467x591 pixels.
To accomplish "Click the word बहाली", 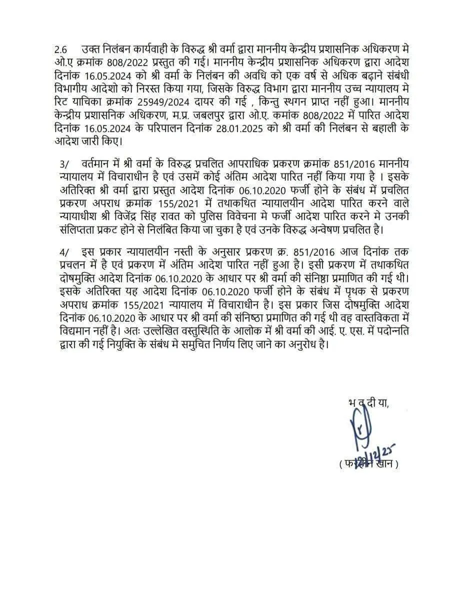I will tap(374, 128).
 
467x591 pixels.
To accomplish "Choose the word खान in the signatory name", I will tap(384, 464).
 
